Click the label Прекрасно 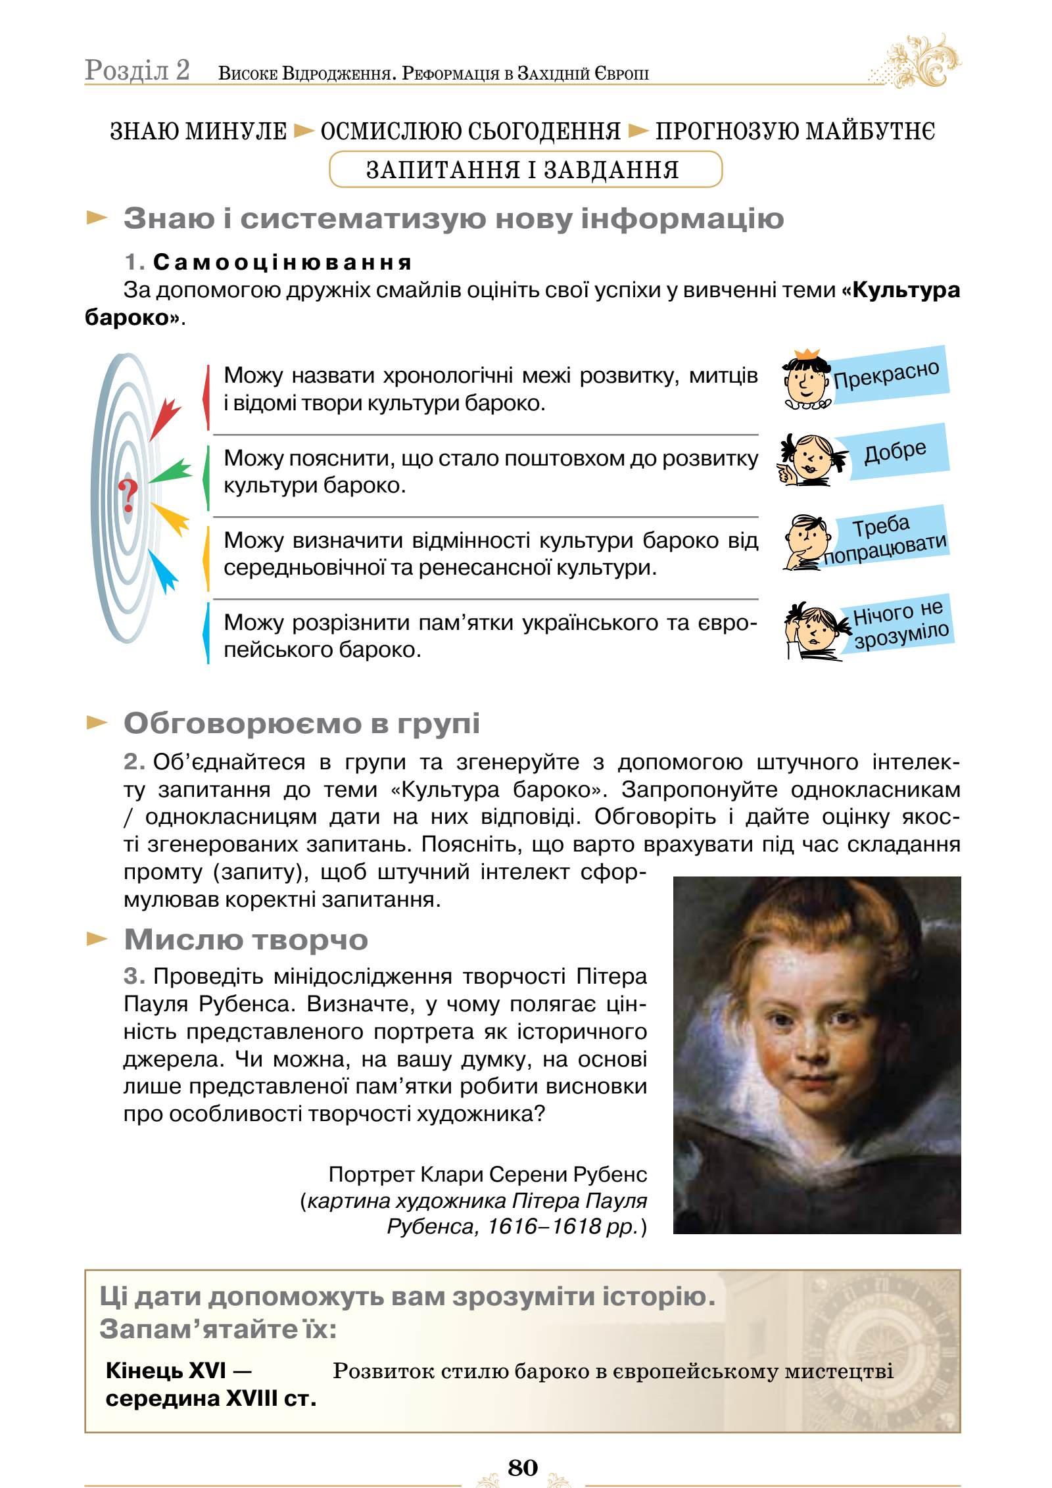(x=886, y=375)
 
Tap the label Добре (x=895, y=451)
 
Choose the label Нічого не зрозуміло (x=899, y=623)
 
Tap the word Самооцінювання (x=283, y=262)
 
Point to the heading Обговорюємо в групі (x=302, y=723)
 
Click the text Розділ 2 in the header (x=137, y=71)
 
